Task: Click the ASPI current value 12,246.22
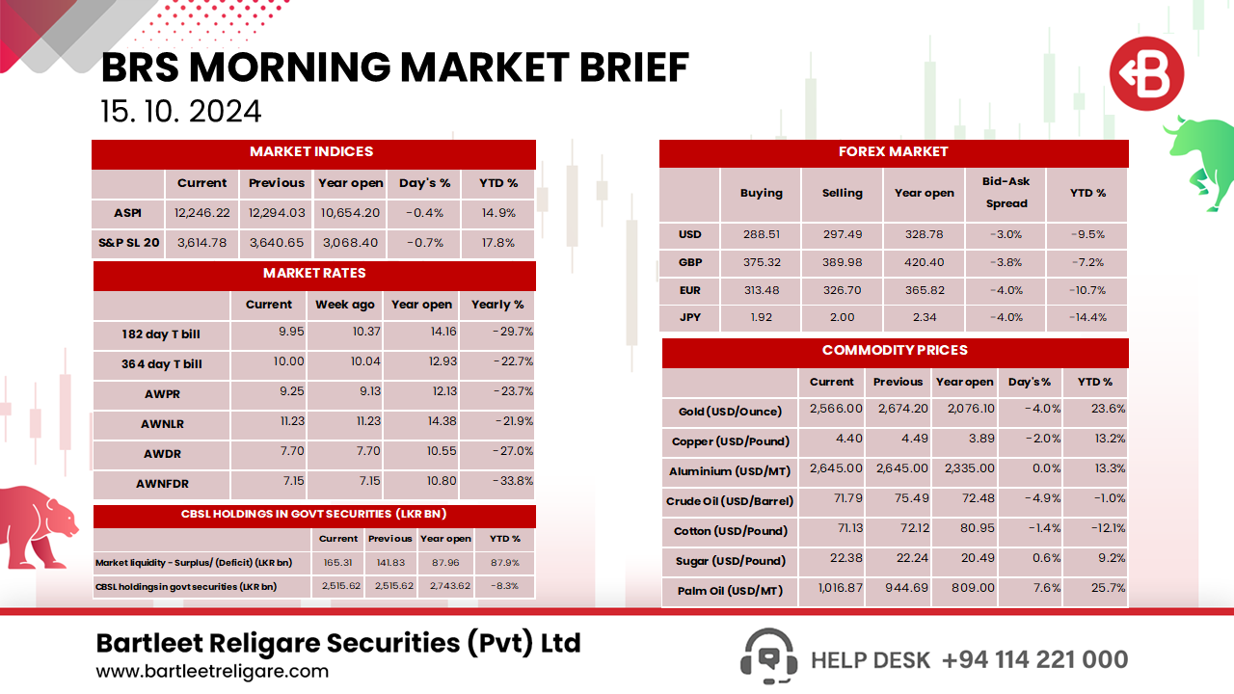pyautogui.click(x=202, y=213)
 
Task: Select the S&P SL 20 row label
pyautogui.click(x=129, y=243)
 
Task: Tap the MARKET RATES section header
pyautogui.click(x=314, y=274)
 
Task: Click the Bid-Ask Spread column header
pyautogui.click(x=1006, y=192)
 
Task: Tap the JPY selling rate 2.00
pyautogui.click(x=842, y=317)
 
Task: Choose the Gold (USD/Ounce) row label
pyautogui.click(x=730, y=412)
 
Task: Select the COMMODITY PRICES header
pyautogui.click(x=895, y=351)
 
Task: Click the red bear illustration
pyautogui.click(x=39, y=525)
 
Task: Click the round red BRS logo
pyautogui.click(x=1146, y=74)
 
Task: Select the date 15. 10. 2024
pyautogui.click(x=181, y=112)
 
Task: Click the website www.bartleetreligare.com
pyautogui.click(x=212, y=671)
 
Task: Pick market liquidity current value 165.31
pyautogui.click(x=337, y=562)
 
